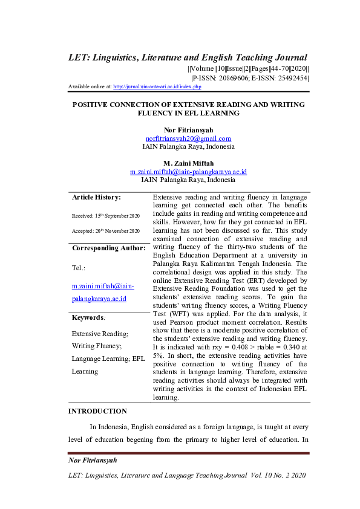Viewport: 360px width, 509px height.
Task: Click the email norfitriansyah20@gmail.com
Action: click(189, 138)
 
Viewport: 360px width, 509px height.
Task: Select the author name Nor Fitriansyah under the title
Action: click(188, 130)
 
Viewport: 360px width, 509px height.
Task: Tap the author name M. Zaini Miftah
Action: click(188, 163)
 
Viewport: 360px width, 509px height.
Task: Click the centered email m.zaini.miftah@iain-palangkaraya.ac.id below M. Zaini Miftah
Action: click(188, 172)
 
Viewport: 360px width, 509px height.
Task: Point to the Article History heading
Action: click(96, 197)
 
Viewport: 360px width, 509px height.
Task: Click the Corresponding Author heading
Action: click(109, 248)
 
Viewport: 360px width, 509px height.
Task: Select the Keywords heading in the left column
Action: click(88, 317)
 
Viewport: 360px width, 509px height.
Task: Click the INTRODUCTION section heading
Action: click(97, 411)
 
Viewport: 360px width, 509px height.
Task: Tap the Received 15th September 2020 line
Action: click(106, 216)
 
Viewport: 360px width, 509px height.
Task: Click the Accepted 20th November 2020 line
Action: click(106, 231)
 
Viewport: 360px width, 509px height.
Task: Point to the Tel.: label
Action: click(78, 267)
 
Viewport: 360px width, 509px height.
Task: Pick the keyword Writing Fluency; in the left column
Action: click(97, 346)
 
